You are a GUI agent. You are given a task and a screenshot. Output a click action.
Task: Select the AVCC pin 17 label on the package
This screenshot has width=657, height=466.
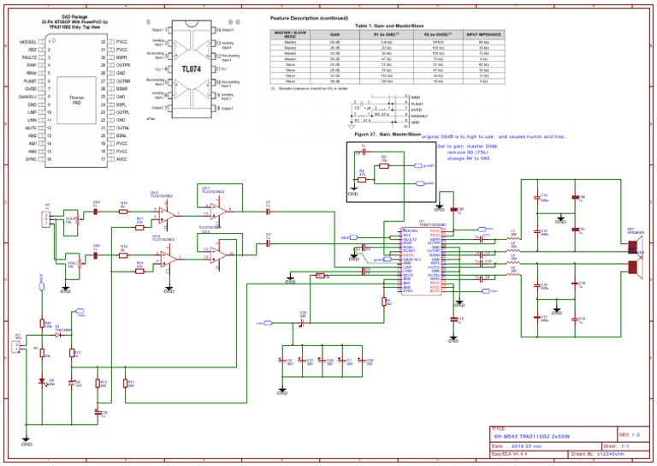(121, 159)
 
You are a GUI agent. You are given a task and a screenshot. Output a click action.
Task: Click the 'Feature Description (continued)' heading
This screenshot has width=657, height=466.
(307, 18)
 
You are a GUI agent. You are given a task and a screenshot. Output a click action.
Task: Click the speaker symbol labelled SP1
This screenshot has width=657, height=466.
(635, 257)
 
